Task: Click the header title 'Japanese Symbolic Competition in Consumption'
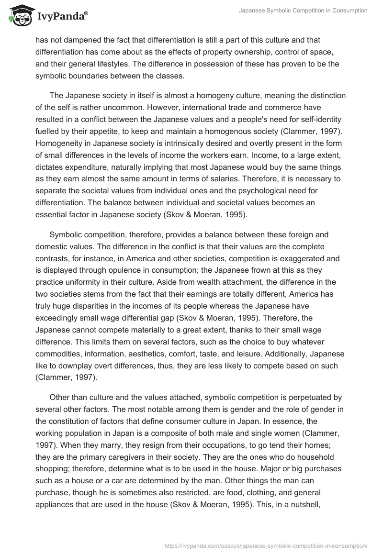(303, 11)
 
